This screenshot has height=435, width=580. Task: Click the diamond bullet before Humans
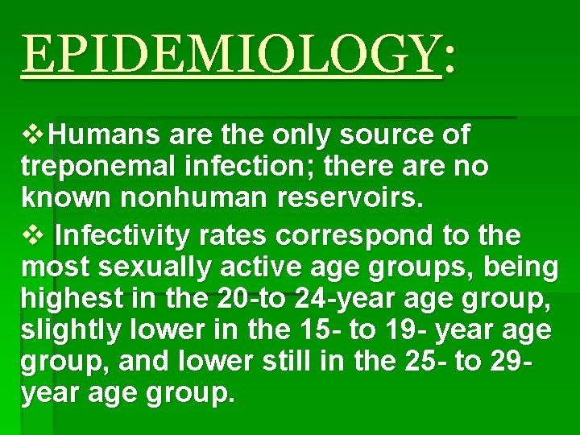pos(35,135)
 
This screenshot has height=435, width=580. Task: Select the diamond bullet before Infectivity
pos(35,236)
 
